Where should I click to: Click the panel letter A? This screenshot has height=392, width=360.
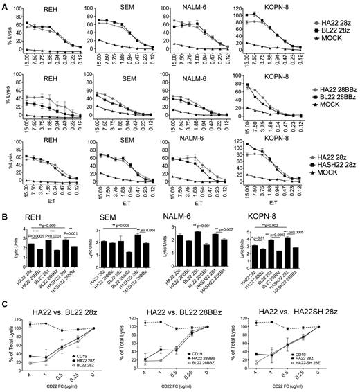coord(5,6)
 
